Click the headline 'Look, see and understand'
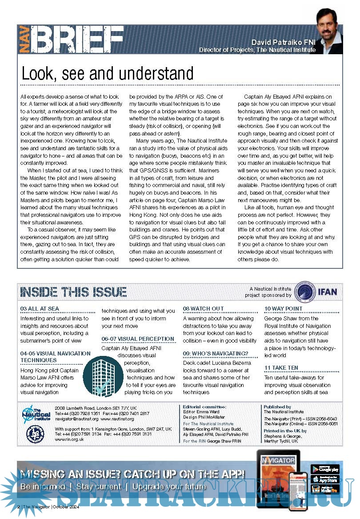point(108,73)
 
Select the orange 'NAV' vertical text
point(25,40)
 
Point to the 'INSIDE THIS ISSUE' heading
point(74,292)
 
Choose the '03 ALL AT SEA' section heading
point(40,309)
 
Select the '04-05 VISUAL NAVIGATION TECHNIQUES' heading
point(55,357)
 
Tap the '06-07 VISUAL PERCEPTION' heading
point(138,339)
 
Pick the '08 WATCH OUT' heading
point(204,309)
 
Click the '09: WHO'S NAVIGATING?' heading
point(216,354)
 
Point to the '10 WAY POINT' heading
point(283,309)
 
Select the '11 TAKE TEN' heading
point(281,368)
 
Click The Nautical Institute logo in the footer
point(36,414)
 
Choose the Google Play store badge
point(325,469)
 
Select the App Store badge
point(325,479)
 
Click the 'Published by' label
point(277,407)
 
